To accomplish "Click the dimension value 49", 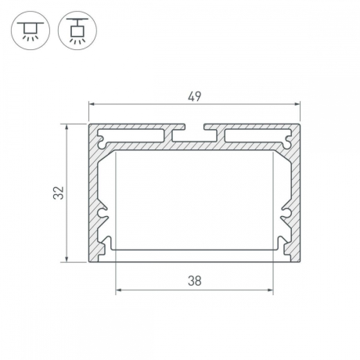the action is pyautogui.click(x=195, y=96).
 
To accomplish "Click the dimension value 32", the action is pyautogui.click(x=59, y=193).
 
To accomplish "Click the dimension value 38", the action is pyautogui.click(x=195, y=281).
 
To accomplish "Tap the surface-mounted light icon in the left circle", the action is pyautogui.click(x=31, y=31).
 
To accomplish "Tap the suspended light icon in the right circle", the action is pyautogui.click(x=77, y=31).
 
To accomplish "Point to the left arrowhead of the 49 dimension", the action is pyautogui.click(x=92, y=104).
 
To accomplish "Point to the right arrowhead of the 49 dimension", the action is pyautogui.click(x=297, y=104).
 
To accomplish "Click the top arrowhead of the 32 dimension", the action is pyautogui.click(x=67, y=128).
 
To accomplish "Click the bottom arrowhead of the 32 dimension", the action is pyautogui.click(x=67, y=258).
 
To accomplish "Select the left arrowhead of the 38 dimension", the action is pyautogui.click(x=119, y=290).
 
